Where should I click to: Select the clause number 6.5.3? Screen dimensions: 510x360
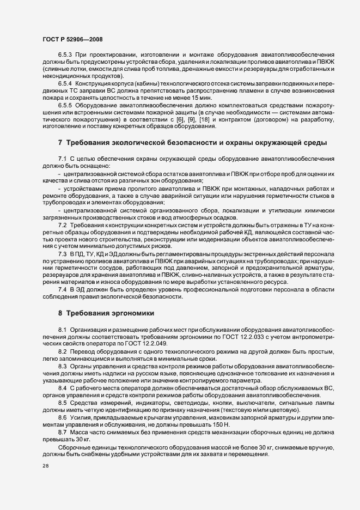[x=64, y=56]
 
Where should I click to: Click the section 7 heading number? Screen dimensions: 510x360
[x=60, y=143]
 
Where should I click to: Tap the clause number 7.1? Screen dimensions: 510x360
[x=62, y=159]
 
